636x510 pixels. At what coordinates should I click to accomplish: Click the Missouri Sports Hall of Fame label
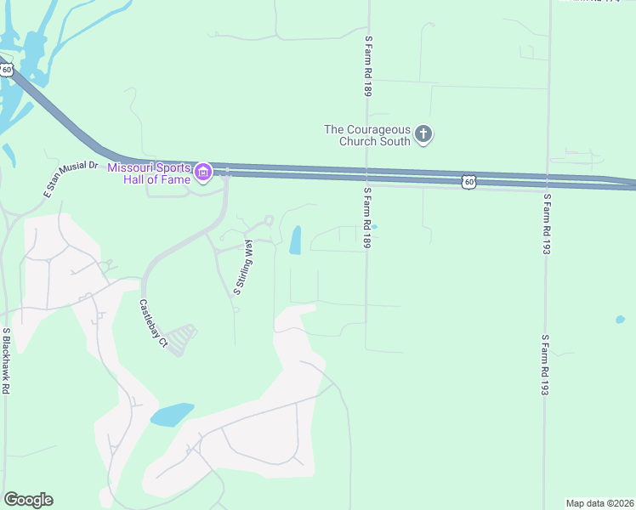150,173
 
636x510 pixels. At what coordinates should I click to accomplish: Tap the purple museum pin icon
203,173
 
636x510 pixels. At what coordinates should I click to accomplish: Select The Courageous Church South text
367,135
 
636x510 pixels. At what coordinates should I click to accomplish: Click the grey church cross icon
423,133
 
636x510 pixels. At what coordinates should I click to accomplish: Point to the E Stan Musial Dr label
71,180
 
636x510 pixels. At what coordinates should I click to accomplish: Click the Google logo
28,500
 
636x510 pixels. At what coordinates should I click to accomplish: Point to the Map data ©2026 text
599,502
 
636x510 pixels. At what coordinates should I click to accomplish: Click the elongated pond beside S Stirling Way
296,241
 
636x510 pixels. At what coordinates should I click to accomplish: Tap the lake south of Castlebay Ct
172,415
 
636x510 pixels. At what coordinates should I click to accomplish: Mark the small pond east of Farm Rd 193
620,320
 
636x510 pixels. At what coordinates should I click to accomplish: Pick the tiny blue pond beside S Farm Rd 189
374,227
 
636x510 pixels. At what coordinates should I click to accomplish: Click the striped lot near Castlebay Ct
181,339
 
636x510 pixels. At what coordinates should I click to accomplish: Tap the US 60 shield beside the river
6,69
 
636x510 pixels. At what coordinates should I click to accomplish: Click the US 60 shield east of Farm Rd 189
469,181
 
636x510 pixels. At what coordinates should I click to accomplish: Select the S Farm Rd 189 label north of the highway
368,65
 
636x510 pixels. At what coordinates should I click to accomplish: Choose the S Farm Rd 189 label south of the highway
368,219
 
